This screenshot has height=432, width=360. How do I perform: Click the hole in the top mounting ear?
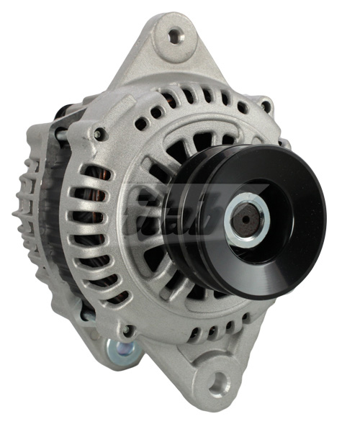(x=173, y=34)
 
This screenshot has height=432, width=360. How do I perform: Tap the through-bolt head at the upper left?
(x=99, y=134)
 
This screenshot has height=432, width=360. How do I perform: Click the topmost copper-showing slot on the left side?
(x=94, y=173)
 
